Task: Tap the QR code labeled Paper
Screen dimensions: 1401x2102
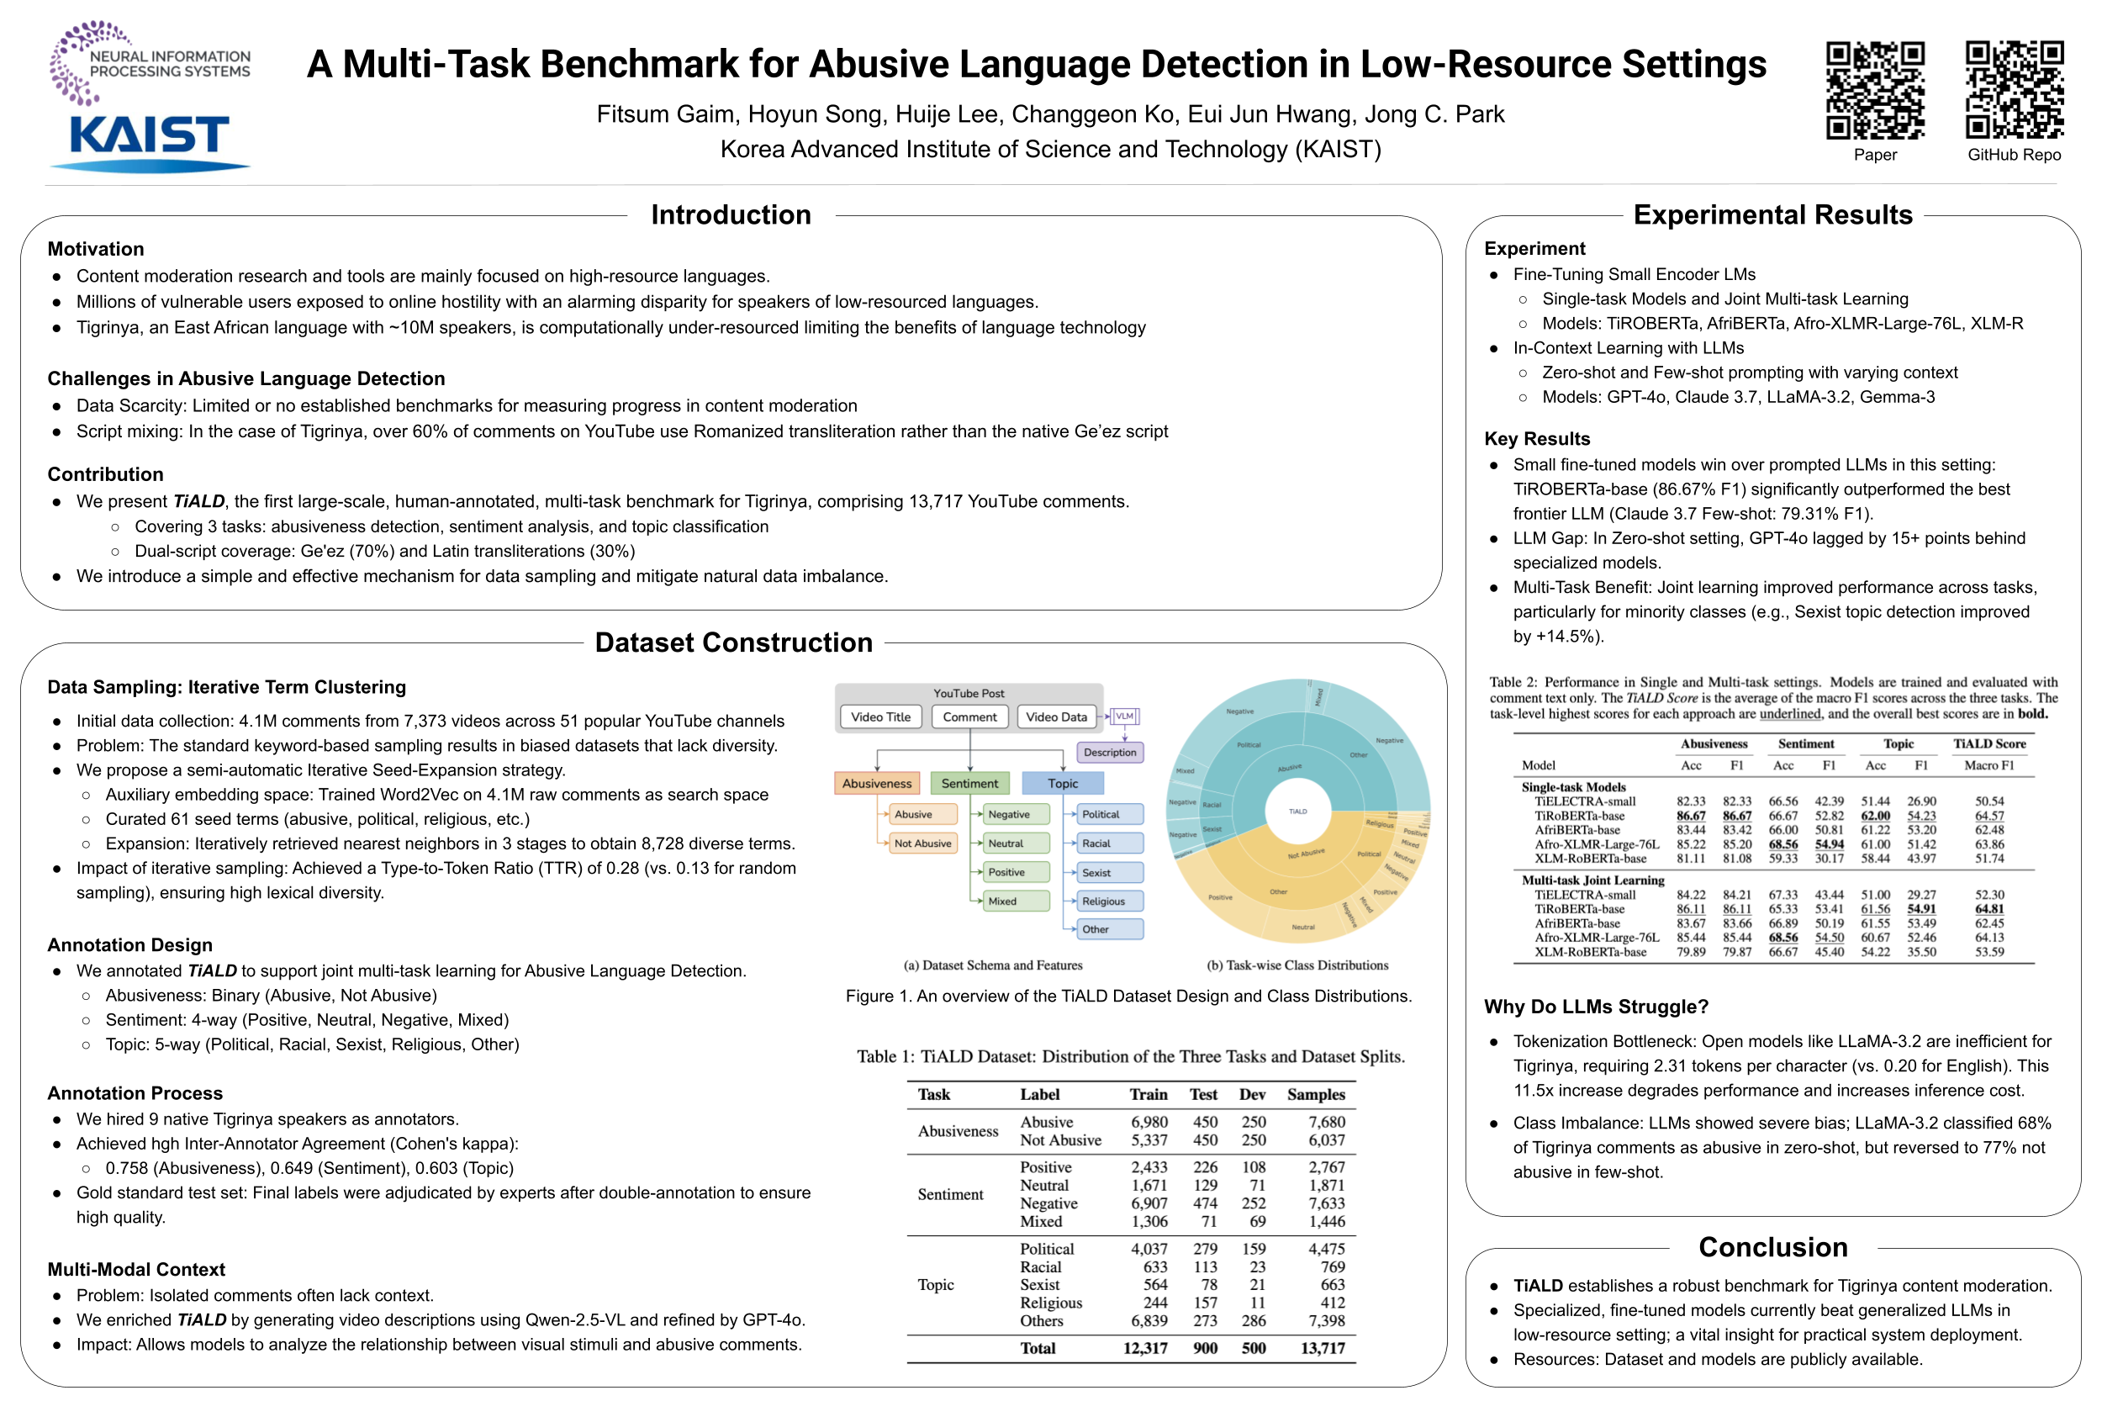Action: (1874, 89)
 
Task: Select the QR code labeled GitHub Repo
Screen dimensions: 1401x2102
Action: (2014, 89)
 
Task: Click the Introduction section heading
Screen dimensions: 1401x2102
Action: (731, 214)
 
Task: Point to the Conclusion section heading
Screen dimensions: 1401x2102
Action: (1772, 1246)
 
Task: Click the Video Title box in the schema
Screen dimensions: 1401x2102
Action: (881, 716)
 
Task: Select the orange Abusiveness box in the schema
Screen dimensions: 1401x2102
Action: (876, 784)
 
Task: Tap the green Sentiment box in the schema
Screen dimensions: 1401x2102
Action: (969, 784)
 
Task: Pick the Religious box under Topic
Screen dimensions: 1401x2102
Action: (1103, 901)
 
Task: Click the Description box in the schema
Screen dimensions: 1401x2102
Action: (1110, 753)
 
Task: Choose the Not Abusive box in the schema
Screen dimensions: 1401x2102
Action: (923, 843)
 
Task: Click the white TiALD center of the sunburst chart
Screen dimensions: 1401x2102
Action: (1298, 812)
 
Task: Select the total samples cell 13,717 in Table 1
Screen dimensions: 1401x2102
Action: (1322, 1348)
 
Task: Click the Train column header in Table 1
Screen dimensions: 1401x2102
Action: (1148, 1095)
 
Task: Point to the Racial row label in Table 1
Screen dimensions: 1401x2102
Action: (1041, 1267)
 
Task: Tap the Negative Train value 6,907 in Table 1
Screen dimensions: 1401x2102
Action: (1149, 1203)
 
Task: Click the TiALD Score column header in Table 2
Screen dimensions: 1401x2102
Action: (1988, 743)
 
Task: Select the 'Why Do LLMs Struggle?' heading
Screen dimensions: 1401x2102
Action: (1596, 1007)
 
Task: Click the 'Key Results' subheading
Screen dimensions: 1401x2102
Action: (1536, 439)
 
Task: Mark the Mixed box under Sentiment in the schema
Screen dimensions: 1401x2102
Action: (1003, 901)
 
